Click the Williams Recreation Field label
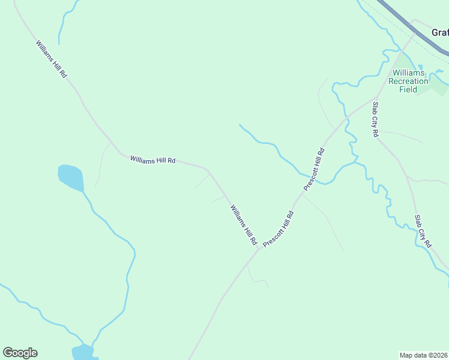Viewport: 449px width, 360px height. [408, 81]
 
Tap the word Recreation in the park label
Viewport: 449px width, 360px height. [408, 81]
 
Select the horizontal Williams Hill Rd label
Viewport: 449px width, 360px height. [152, 160]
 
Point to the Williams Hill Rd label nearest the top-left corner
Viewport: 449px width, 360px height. [51, 58]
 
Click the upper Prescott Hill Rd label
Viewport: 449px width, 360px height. [314, 169]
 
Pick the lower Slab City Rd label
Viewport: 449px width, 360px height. [423, 231]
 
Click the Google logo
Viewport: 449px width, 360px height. [20, 353]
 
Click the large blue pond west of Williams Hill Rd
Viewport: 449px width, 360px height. [70, 176]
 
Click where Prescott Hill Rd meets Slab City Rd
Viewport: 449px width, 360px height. [376, 98]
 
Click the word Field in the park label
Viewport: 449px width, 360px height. [408, 89]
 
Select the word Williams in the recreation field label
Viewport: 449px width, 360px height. [408, 73]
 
